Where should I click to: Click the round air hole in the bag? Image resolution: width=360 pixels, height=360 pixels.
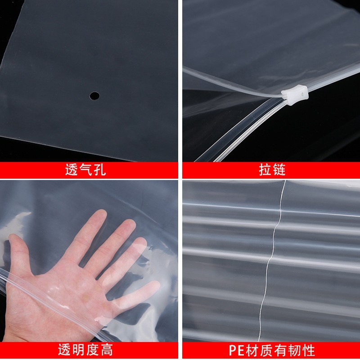click(x=94, y=95)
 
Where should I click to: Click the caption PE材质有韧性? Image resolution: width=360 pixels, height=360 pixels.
click(x=272, y=350)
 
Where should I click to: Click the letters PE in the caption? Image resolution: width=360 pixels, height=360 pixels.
click(x=236, y=350)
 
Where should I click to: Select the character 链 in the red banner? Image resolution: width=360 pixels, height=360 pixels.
click(x=279, y=170)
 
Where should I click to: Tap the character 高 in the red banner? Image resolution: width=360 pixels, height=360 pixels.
click(x=107, y=350)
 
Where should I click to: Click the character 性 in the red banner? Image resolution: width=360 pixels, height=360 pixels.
click(x=308, y=350)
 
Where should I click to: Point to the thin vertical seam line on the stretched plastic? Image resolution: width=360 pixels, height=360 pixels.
click(x=273, y=252)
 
